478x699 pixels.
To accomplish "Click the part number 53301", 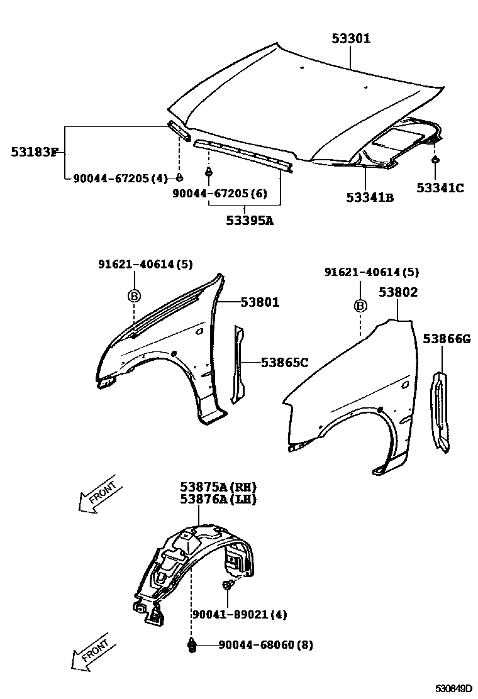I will pyautogui.click(x=351, y=39).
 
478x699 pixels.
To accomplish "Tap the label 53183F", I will pyautogui.click(x=34, y=151).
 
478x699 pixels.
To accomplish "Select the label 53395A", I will pyautogui.click(x=250, y=221).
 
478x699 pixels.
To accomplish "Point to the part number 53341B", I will pyautogui.click(x=370, y=197).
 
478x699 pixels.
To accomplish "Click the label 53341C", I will pyautogui.click(x=440, y=187).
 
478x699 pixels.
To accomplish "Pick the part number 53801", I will pyautogui.click(x=260, y=303).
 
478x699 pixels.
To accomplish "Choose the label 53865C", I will pyautogui.click(x=284, y=362).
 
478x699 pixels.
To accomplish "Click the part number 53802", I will pyautogui.click(x=398, y=292).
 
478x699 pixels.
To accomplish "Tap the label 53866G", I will pyautogui.click(x=447, y=339).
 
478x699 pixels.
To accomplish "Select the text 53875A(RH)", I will pyautogui.click(x=218, y=487).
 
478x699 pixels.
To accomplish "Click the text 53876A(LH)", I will pyautogui.click(x=218, y=499).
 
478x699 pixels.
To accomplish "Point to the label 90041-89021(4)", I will pyautogui.click(x=230, y=614).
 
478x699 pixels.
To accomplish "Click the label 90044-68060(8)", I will pyautogui.click(x=265, y=645).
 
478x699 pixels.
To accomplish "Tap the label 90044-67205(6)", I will pyautogui.click(x=220, y=194).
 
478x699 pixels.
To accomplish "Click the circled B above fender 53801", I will pyautogui.click(x=135, y=295).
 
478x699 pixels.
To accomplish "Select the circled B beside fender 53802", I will pyautogui.click(x=360, y=305).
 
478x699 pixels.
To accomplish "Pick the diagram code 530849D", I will pyautogui.click(x=454, y=688).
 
